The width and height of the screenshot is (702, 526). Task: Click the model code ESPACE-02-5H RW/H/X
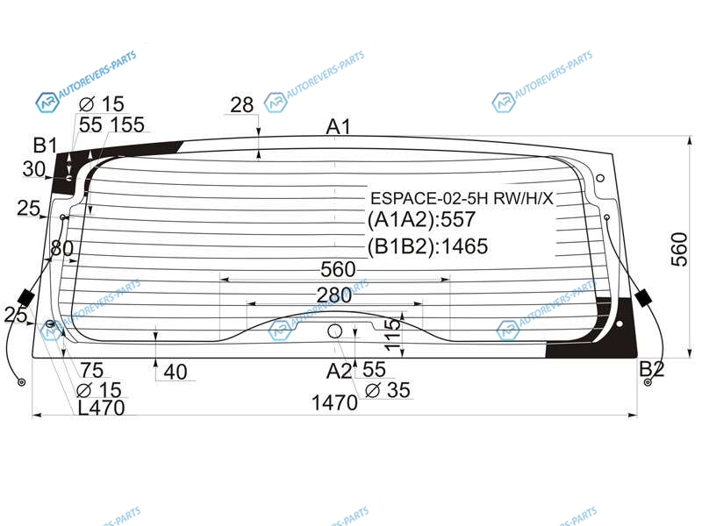click(462, 198)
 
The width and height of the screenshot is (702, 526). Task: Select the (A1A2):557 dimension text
click(421, 220)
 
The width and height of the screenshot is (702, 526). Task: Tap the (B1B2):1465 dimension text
click(427, 246)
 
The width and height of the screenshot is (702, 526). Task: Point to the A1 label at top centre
click(339, 126)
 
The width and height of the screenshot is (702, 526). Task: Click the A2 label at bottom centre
click(339, 371)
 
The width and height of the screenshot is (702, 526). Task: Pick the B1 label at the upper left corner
click(46, 146)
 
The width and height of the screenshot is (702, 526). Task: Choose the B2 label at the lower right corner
click(652, 369)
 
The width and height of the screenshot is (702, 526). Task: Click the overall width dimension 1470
click(334, 403)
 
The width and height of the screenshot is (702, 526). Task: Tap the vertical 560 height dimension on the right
click(679, 250)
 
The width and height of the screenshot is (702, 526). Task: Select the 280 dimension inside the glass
click(334, 295)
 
